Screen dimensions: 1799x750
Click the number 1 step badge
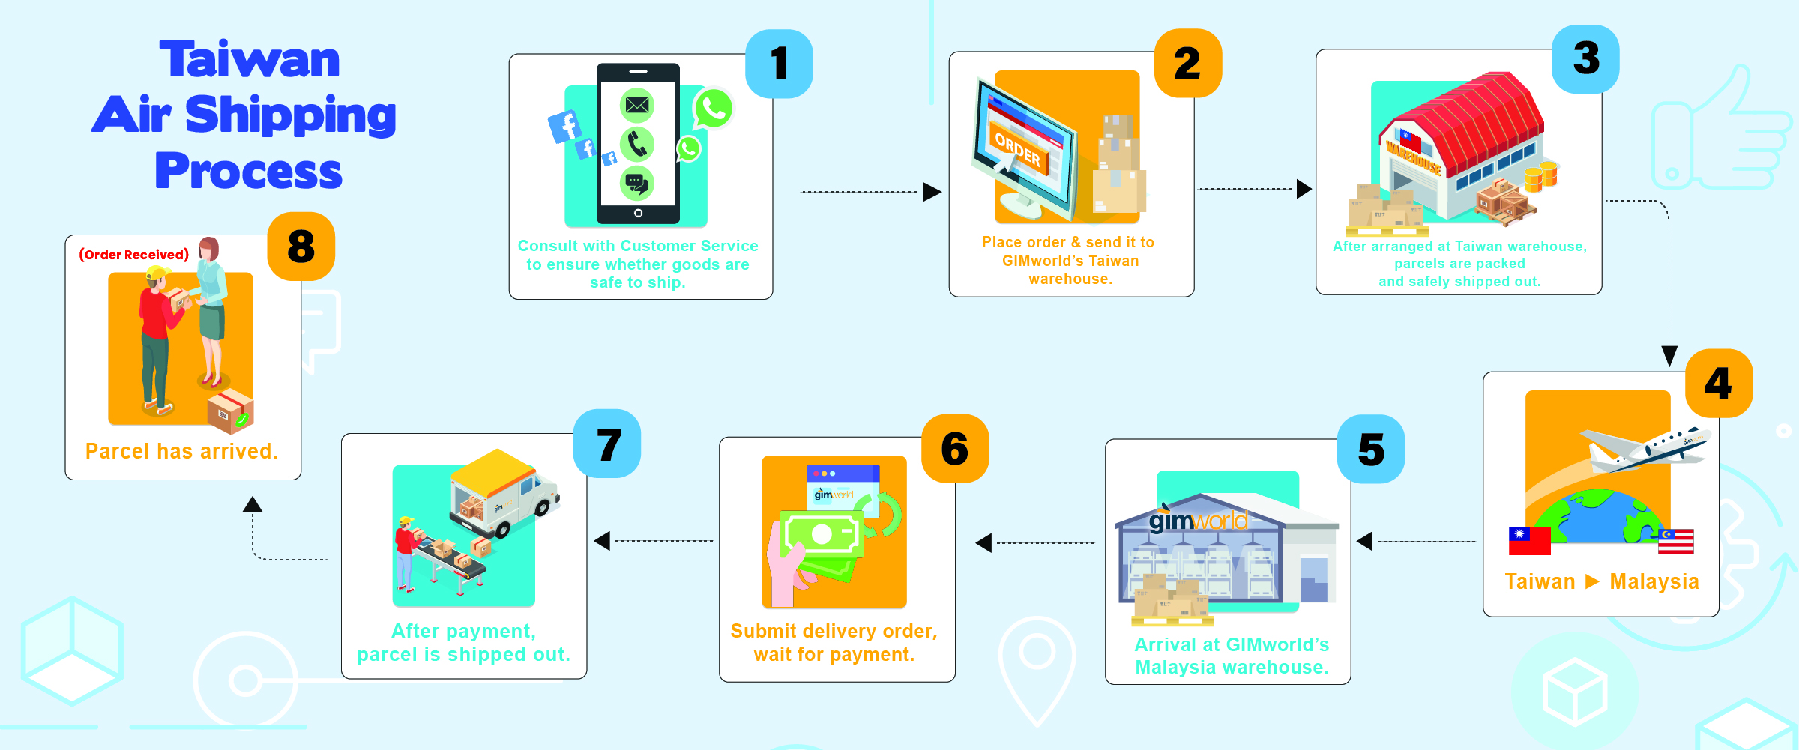coord(779,64)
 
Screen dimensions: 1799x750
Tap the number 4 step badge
coord(1719,383)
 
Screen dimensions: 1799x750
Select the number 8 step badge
coord(301,247)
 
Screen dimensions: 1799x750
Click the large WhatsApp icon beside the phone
coord(714,109)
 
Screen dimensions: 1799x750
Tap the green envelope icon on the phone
coord(637,105)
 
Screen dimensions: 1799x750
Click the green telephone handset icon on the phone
coord(637,144)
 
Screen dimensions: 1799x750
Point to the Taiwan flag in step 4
coord(1529,541)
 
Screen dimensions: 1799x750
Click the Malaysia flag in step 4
coord(1676,541)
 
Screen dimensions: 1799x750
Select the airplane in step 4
coord(1645,450)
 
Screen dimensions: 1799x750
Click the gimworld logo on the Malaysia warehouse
coord(1198,519)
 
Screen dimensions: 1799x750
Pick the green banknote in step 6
coord(822,534)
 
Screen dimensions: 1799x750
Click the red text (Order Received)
coord(134,255)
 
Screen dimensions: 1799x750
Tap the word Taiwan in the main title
coord(250,60)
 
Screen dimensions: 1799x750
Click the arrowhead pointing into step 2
coord(932,192)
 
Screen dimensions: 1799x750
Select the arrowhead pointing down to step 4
coord(1669,356)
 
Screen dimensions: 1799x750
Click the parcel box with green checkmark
coord(231,411)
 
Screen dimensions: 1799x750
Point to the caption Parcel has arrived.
coord(181,451)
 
